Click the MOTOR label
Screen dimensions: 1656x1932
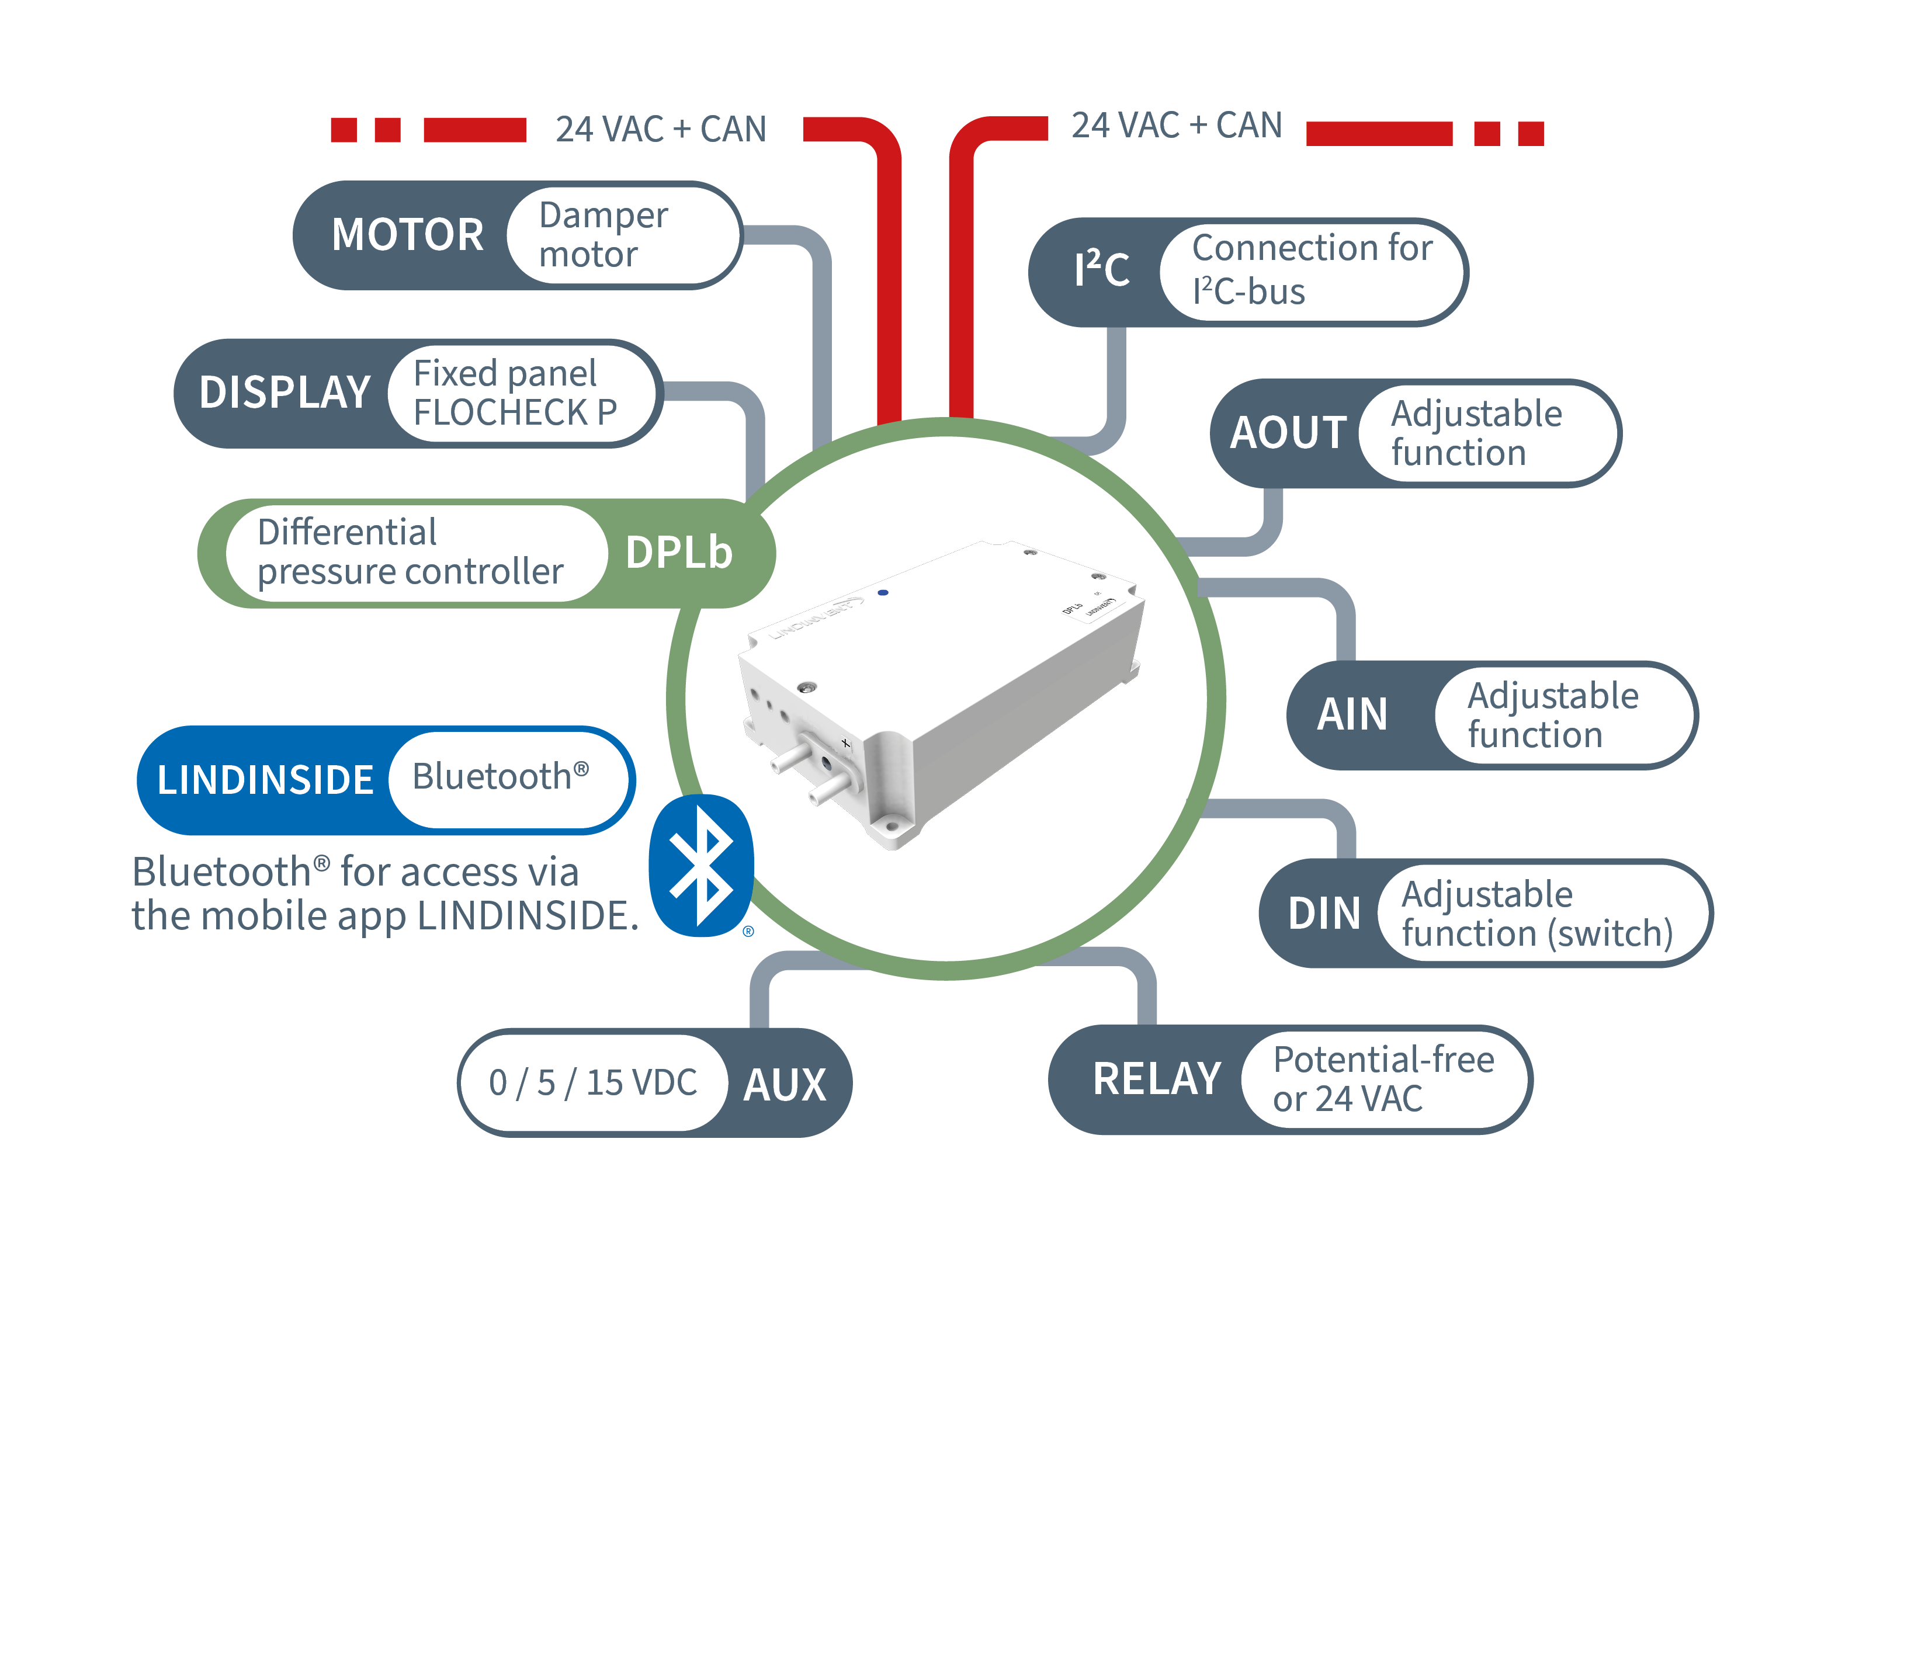tap(407, 235)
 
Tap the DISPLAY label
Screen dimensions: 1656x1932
tap(285, 393)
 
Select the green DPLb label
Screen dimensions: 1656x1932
tap(679, 553)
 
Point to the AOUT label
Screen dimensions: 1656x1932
tap(1288, 433)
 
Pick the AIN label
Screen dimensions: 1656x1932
tap(1352, 715)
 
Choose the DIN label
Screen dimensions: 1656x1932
tap(1324, 914)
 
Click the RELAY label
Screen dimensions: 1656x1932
tap(1156, 1079)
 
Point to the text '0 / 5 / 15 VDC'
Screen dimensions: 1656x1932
tap(593, 1082)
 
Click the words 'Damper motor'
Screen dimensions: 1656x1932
tap(602, 235)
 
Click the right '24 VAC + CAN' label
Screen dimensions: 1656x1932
tap(1177, 126)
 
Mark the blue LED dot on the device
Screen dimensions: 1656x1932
tap(883, 592)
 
